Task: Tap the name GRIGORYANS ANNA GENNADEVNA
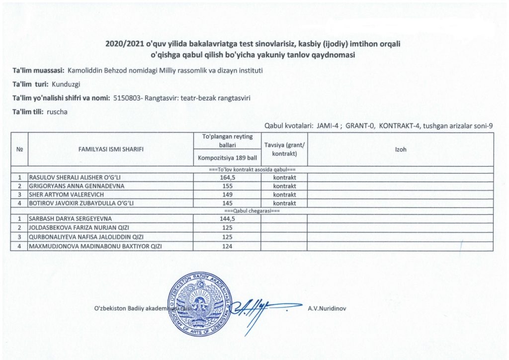70,185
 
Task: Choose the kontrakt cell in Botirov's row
284,203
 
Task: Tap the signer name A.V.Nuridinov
327,308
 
